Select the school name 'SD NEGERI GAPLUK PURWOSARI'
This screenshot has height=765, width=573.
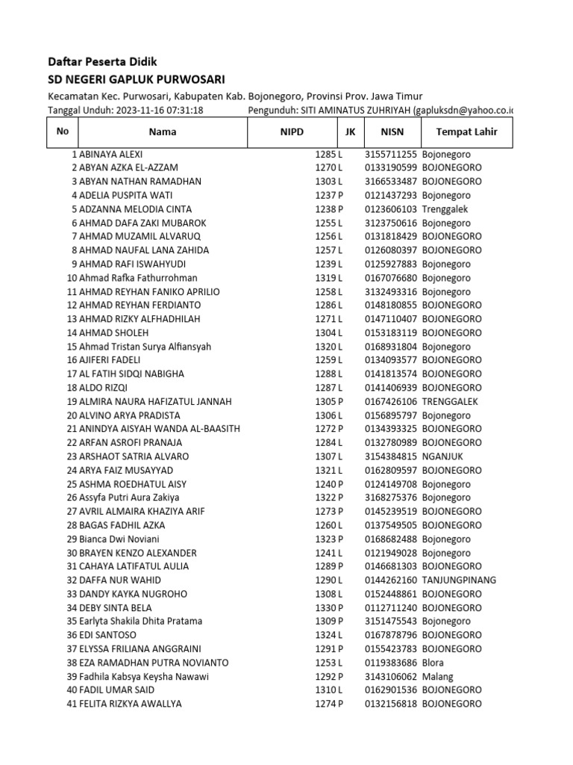(x=136, y=79)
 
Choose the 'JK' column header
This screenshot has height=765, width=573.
(x=350, y=132)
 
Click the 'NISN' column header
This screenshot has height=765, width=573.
(x=392, y=132)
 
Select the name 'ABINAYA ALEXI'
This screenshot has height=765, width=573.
(x=110, y=154)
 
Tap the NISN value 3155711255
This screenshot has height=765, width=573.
(x=391, y=154)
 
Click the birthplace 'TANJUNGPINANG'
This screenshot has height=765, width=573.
(x=459, y=580)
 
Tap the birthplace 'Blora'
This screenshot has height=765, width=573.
(x=433, y=663)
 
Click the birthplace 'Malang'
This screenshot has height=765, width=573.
(x=437, y=677)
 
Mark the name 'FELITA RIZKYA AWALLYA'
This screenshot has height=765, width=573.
(x=130, y=704)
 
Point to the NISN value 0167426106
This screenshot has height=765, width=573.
(x=391, y=401)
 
